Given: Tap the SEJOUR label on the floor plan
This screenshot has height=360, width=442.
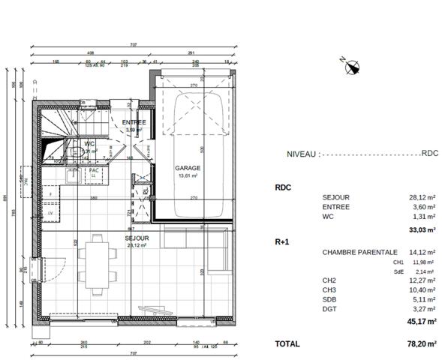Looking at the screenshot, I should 137,238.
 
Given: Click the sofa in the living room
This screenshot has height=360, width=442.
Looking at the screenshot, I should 218,255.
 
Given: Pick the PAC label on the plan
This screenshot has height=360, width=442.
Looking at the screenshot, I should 94,170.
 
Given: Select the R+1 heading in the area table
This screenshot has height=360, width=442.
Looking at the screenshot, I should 283,243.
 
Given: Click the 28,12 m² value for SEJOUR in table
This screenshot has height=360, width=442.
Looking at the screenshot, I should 423,197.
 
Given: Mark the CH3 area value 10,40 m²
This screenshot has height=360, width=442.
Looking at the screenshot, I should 423,289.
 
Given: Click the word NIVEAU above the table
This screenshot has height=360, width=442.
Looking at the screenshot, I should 302,153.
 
